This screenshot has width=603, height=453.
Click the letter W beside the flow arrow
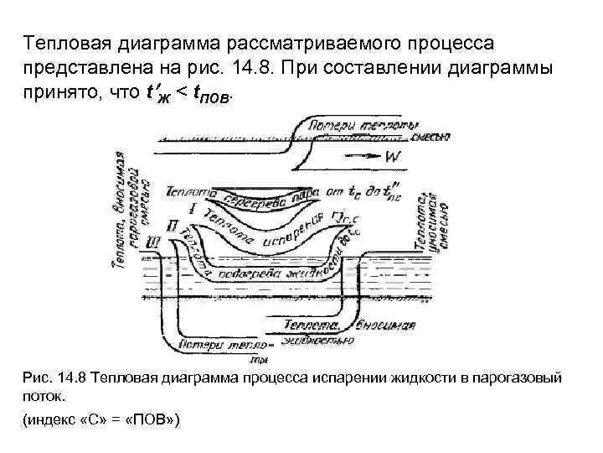393,156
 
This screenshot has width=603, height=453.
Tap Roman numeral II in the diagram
173,226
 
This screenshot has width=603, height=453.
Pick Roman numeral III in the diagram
153,242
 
